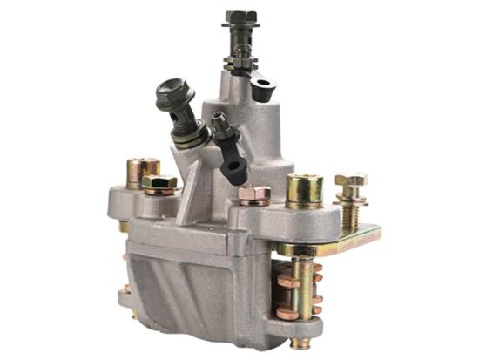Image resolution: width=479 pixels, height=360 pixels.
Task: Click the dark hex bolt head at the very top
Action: pyautogui.click(x=239, y=17)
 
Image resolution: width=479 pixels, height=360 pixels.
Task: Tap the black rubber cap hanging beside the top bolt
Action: pyautogui.click(x=262, y=88)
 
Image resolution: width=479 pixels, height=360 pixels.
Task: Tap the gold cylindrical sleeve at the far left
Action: pyautogui.click(x=142, y=170)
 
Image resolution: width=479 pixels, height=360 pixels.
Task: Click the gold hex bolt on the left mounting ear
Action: pyautogui.click(x=159, y=184)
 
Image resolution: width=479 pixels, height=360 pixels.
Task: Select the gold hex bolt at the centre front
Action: pyautogui.click(x=253, y=195)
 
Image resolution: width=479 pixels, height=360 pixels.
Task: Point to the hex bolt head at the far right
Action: pyautogui.click(x=351, y=181)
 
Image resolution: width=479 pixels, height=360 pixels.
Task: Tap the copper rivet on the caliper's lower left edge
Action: pyautogui.click(x=127, y=289)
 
